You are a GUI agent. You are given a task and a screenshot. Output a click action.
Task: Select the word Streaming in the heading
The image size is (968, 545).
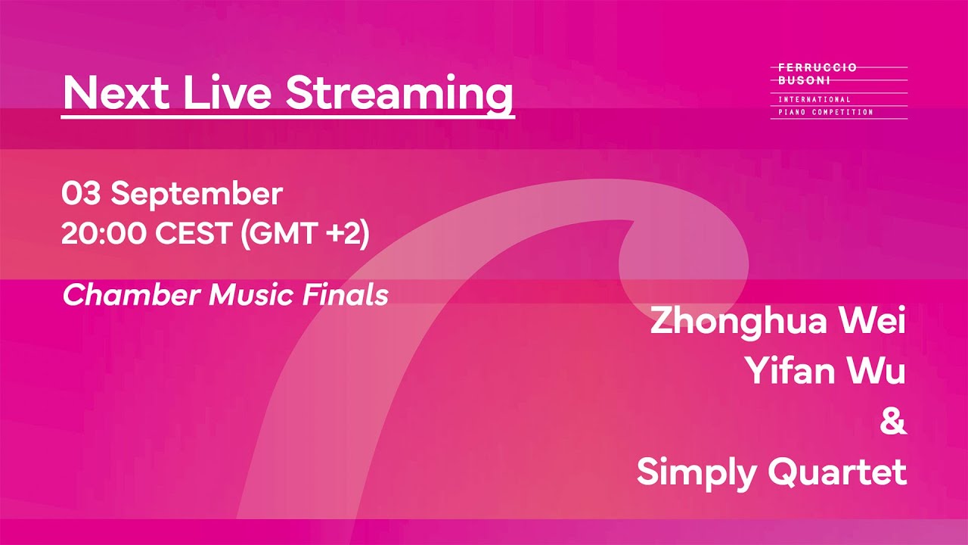[x=400, y=95]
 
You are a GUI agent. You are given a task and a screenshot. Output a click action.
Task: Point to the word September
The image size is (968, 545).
[x=197, y=195]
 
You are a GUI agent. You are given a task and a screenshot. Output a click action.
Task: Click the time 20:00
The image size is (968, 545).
[x=103, y=235]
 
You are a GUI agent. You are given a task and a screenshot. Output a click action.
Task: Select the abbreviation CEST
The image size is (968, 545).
[x=194, y=235]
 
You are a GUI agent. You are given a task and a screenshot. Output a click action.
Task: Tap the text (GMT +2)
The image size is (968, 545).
[x=305, y=235]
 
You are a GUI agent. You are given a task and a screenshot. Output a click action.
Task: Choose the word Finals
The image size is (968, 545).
[x=346, y=295]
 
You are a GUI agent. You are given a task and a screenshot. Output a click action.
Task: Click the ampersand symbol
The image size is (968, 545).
[x=893, y=422]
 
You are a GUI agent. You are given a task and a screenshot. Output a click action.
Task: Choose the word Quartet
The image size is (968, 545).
[x=837, y=473]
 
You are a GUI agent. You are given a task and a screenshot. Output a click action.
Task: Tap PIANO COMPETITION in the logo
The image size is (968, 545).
[x=825, y=112]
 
